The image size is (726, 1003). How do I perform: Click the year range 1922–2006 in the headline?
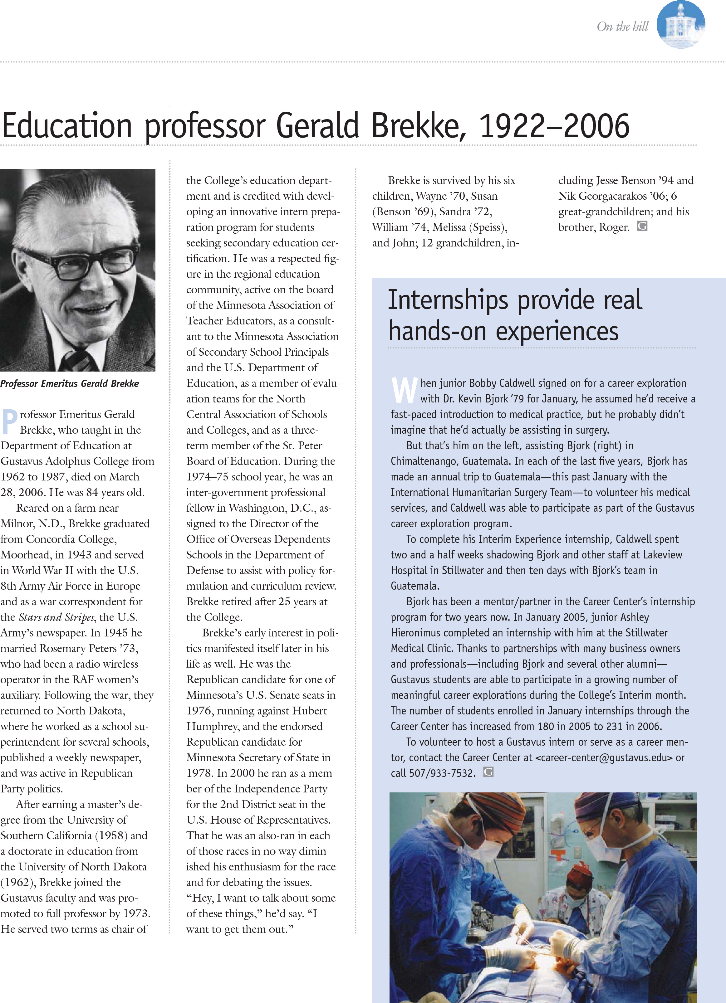click(554, 126)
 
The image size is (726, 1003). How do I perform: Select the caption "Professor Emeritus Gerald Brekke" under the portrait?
click(70, 384)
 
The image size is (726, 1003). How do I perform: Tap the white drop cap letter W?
click(404, 391)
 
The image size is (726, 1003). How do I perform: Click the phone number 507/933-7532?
click(441, 773)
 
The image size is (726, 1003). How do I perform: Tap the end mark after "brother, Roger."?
click(642, 226)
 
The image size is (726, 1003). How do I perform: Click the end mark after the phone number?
click(488, 772)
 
